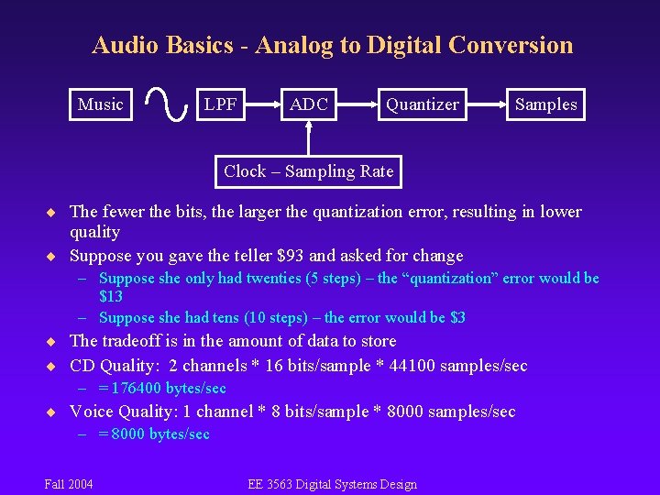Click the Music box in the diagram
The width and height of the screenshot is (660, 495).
click(101, 104)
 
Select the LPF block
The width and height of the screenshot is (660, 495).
click(220, 104)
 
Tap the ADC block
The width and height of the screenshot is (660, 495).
click(308, 104)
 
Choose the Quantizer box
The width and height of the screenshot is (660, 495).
click(422, 104)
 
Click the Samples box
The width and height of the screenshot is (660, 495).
click(545, 104)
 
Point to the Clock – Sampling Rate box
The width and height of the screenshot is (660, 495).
click(308, 171)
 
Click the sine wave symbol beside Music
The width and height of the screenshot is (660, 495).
click(162, 104)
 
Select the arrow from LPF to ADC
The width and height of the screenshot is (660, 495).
click(262, 104)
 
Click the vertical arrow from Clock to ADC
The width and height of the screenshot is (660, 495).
click(308, 137)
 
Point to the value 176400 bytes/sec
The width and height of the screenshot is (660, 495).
click(170, 389)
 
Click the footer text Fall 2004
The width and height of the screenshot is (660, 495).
click(69, 484)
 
